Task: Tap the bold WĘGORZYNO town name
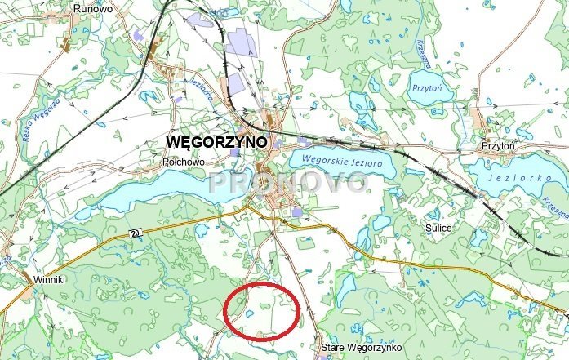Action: [x=217, y=141]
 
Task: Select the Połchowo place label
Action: [x=183, y=162]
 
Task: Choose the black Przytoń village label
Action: [x=499, y=145]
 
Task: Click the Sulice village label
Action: [x=438, y=229]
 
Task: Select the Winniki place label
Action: [x=49, y=279]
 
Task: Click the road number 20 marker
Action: [x=136, y=234]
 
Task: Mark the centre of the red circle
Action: [x=263, y=310]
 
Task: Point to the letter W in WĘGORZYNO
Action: [x=174, y=141]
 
